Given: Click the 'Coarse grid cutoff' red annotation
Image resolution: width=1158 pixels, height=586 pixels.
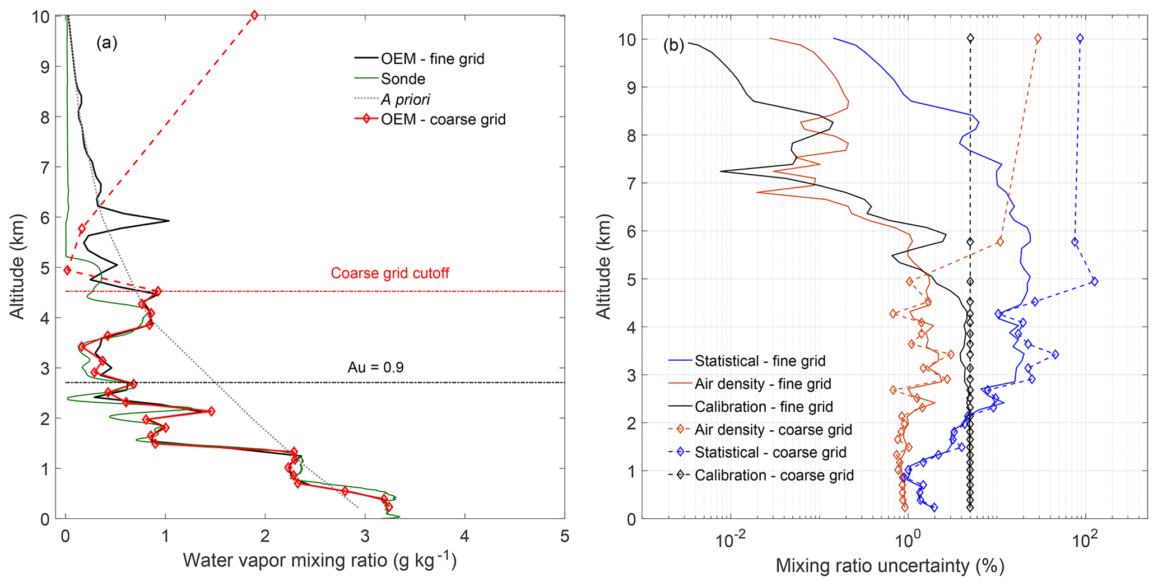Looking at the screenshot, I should coord(390,273).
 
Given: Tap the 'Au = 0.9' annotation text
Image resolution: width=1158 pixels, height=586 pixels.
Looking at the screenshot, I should coord(376,368).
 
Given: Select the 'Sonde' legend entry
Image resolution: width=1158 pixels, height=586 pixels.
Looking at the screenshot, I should coord(402,79).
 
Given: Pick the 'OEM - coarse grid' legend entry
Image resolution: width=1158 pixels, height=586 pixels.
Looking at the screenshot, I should coord(443,119).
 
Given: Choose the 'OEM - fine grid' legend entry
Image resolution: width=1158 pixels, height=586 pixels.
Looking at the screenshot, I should coord(432,59).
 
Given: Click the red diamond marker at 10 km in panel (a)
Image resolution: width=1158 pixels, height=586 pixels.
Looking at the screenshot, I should coord(254,15).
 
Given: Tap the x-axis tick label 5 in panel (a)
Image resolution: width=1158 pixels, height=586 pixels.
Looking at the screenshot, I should coord(564,537).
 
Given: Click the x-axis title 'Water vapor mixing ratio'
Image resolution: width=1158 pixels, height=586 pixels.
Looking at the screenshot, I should coord(319,561).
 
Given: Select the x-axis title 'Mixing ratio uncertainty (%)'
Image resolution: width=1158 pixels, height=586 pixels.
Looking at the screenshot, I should coord(890,566).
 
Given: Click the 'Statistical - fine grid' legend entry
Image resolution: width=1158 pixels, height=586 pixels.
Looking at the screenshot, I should coord(760,361).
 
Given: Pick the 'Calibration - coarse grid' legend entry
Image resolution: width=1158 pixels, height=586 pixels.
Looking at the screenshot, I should coord(774,476).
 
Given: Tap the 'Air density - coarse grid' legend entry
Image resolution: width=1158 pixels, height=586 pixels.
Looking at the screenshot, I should coord(773,430).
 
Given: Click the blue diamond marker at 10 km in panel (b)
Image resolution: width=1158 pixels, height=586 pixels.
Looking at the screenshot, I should coord(1080,39).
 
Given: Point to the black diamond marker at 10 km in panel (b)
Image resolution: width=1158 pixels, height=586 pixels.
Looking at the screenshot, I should coord(970,39).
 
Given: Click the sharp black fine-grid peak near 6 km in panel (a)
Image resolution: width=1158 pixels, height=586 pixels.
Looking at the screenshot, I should coord(169,221).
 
